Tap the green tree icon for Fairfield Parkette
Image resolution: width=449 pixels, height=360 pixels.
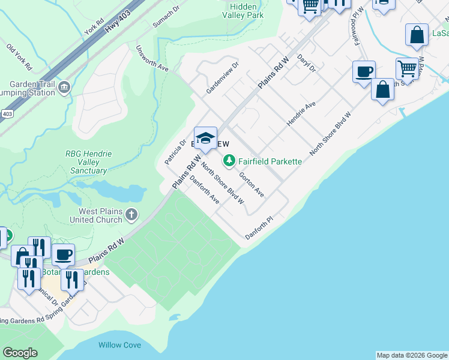(x=229, y=161)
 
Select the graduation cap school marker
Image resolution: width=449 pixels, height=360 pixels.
(x=205, y=138)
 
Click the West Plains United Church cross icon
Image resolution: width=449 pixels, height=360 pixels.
(x=131, y=214)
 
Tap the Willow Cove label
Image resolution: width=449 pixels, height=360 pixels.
(x=120, y=345)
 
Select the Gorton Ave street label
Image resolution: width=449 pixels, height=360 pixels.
(x=252, y=184)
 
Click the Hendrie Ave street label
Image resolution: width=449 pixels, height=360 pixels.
(x=301, y=113)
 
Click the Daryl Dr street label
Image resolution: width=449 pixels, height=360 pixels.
(x=307, y=65)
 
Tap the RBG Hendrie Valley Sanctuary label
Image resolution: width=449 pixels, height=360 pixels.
(x=88, y=162)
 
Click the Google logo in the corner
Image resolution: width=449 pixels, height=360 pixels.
(x=20, y=353)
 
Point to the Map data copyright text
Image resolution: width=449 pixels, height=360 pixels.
(x=412, y=355)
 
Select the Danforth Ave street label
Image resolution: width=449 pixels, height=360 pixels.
(x=204, y=190)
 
